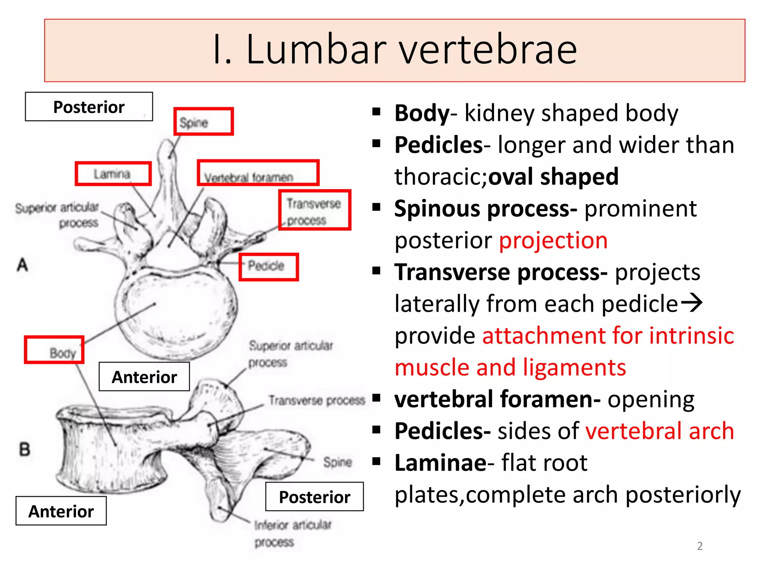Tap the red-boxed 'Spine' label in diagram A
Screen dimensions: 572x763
(203, 122)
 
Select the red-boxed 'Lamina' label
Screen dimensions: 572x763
(113, 174)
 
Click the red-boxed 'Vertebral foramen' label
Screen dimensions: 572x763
(258, 173)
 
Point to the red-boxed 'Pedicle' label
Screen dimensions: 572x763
(268, 267)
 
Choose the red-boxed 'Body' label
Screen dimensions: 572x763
(54, 350)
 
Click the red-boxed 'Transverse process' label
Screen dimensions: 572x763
(314, 210)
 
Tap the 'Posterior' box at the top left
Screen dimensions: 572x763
(89, 107)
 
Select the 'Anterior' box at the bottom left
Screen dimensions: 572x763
(61, 511)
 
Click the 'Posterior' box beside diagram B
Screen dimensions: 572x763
(314, 497)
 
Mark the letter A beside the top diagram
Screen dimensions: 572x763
(22, 265)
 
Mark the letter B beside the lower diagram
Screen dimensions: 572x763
(25, 449)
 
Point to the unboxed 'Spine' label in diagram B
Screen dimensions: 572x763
(338, 462)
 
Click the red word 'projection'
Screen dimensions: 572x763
(553, 241)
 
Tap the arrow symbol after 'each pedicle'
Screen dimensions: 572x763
(691, 303)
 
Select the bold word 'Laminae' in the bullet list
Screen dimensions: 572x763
(440, 463)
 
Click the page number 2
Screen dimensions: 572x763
(700, 546)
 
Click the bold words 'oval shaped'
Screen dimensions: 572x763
(553, 177)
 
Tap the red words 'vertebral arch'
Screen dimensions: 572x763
(659, 431)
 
